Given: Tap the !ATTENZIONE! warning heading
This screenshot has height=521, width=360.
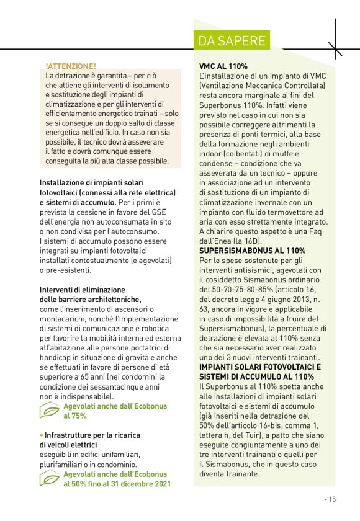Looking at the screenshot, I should coord(71,66).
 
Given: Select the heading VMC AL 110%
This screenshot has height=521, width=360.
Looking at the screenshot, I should coord(223,66).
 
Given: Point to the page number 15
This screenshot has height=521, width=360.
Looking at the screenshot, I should coord(330,498).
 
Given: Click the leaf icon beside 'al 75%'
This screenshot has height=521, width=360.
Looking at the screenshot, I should coord(50,411).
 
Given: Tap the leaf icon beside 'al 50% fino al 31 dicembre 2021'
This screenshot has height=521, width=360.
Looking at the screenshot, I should coord(50,479).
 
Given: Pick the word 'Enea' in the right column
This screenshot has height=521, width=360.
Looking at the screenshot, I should coord(232,241).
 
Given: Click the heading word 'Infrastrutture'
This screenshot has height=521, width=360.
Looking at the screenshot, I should coord(69,435).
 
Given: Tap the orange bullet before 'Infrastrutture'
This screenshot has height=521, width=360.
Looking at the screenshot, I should coord(41,435).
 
